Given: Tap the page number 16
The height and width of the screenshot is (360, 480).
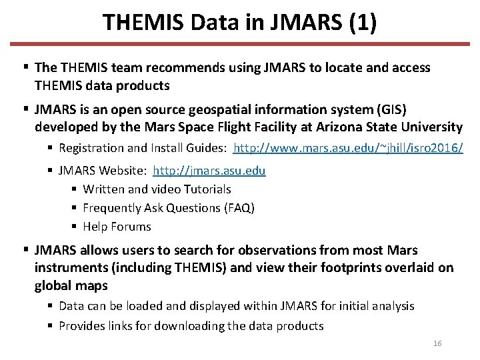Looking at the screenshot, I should (437, 343).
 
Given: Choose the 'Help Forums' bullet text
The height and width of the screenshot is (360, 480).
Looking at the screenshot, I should (117, 227).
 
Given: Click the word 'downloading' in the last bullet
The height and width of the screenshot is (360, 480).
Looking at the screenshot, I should (191, 326).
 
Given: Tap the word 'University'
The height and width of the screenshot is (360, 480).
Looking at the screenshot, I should (429, 127).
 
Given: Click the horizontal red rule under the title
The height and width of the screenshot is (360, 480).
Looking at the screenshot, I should (240, 45).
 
